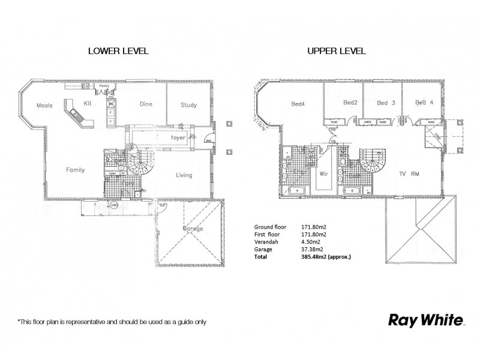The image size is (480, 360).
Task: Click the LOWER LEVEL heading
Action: point(118,51)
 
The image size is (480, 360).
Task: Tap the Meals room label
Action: point(45,105)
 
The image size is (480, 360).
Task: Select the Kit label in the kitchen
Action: point(87,103)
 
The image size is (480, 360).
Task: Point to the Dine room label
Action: point(146,104)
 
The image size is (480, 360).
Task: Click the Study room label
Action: point(188,105)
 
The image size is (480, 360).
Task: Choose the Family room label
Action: point(75,170)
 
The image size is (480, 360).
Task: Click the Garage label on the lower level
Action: point(193,229)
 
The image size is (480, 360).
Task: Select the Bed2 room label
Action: point(350,103)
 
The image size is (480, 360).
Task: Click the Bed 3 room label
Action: point(385,103)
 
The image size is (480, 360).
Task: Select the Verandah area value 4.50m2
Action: point(313,242)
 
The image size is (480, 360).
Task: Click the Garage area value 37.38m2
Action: point(314,250)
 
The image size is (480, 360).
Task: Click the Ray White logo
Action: point(424,319)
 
